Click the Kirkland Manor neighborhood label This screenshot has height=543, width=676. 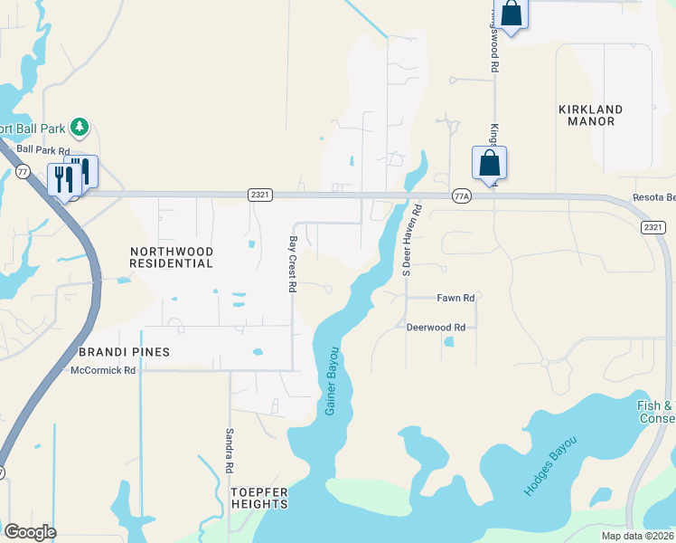[x=590, y=116]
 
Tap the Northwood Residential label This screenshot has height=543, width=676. [x=172, y=257]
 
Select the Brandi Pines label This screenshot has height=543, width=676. [x=125, y=351]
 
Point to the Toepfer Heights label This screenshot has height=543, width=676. [x=259, y=498]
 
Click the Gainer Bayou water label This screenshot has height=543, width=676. [x=332, y=380]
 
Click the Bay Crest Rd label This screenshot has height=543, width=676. [x=292, y=264]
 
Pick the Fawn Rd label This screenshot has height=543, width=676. [x=455, y=298]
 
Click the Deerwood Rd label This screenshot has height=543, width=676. [x=435, y=327]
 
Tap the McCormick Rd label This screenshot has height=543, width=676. [x=103, y=370]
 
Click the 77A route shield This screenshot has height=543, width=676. [x=462, y=195]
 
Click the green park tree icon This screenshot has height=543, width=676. [x=80, y=127]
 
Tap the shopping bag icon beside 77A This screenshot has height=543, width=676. [x=489, y=164]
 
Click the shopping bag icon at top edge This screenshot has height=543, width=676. [x=511, y=14]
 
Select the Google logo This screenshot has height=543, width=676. [x=30, y=532]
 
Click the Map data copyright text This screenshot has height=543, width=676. [x=638, y=536]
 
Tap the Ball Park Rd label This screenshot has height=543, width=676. [x=42, y=150]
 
